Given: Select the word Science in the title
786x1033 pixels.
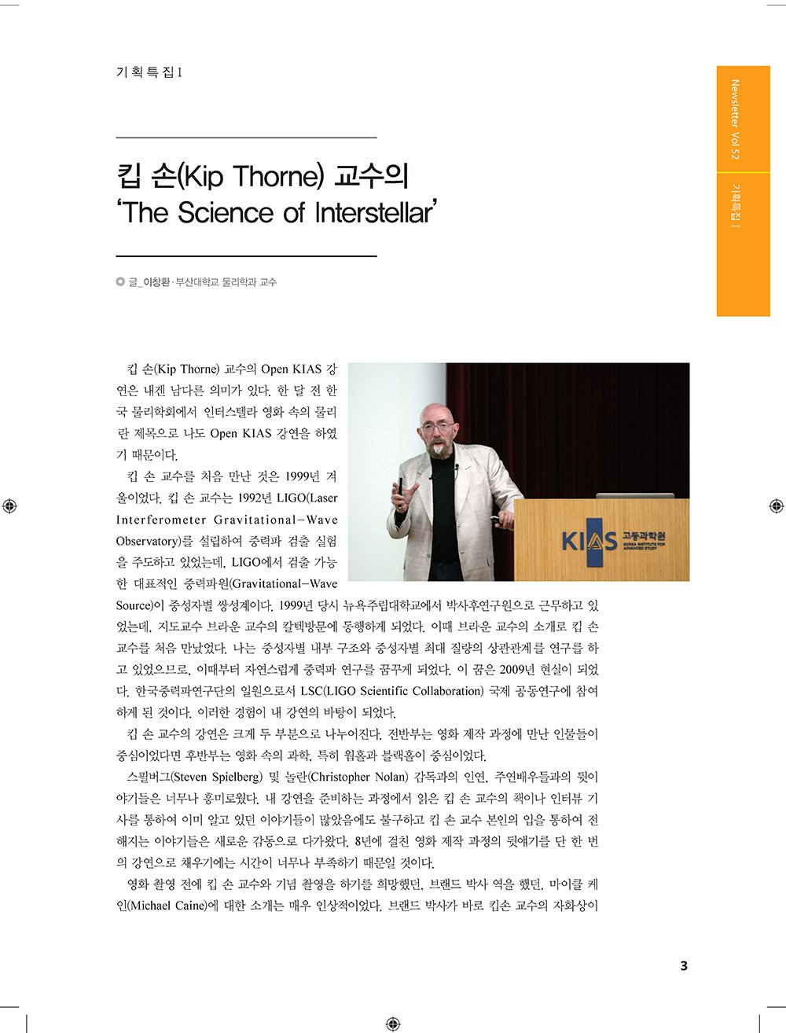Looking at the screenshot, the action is tap(228, 212).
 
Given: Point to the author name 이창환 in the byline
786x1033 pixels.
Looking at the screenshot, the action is tap(156, 282).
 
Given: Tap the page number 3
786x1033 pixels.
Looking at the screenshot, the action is tap(683, 966).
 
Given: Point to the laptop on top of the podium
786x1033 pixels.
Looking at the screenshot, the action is tap(635, 496).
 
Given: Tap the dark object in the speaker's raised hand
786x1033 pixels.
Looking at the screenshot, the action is tap(400, 485).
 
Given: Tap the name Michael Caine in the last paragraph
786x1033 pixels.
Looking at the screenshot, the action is tap(167, 906).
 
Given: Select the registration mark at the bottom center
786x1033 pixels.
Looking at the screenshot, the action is tap(393, 1024).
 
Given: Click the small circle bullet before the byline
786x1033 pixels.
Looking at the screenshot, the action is tap(119, 282).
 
